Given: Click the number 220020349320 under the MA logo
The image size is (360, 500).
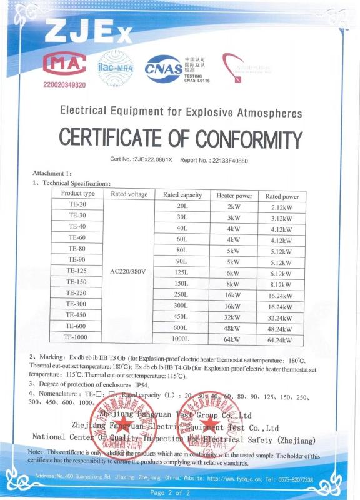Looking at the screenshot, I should pos(64,84).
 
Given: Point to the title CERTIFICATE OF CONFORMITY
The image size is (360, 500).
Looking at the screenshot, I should pos(181,137).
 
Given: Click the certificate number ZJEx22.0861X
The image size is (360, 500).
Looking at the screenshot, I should pos(153,161).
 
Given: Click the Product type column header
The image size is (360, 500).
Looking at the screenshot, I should pos(77,194).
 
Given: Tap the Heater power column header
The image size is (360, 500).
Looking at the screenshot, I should pos(234,196).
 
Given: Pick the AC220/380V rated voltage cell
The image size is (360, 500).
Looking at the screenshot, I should pos(127,271).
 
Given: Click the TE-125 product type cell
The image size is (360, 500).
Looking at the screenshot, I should pos(77,271).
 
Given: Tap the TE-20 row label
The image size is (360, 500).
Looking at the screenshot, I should pos(77,205).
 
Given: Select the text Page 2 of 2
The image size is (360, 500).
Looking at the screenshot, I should pos(169,492).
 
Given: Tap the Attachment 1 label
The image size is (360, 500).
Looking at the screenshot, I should pos(52,173).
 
